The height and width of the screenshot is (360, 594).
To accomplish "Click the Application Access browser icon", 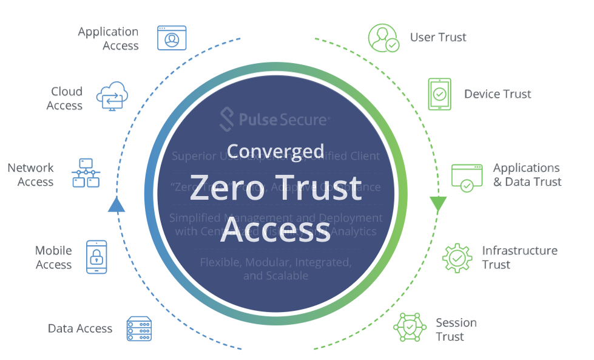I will click(172, 38).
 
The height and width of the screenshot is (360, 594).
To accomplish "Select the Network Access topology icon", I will click(86, 173).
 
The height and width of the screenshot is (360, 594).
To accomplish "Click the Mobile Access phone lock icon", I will click(96, 256).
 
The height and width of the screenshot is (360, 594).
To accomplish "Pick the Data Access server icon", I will click(139, 328).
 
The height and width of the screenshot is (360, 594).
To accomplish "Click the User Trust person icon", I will click(383, 38).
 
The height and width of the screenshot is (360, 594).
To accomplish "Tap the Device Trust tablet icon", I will click(439, 94).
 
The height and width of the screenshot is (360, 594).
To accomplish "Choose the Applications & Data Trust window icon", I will click(467, 177).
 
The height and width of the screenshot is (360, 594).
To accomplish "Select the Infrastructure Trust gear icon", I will click(457, 257).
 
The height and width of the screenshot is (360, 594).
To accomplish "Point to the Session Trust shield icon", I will click(410, 328).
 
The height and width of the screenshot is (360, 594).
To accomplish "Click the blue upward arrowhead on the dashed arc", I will click(116, 205).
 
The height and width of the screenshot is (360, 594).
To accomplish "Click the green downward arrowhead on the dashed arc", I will click(438, 204).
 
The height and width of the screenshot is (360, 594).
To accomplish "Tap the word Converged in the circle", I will click(275, 151).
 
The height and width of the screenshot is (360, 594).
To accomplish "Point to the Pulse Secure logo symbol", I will click(226, 120).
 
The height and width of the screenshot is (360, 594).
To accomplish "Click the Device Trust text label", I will click(498, 94).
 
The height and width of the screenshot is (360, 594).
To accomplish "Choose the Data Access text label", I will click(80, 328).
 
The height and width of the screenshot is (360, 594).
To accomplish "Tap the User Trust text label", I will click(438, 38).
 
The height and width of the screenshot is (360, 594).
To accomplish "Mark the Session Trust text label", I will click(456, 329).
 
